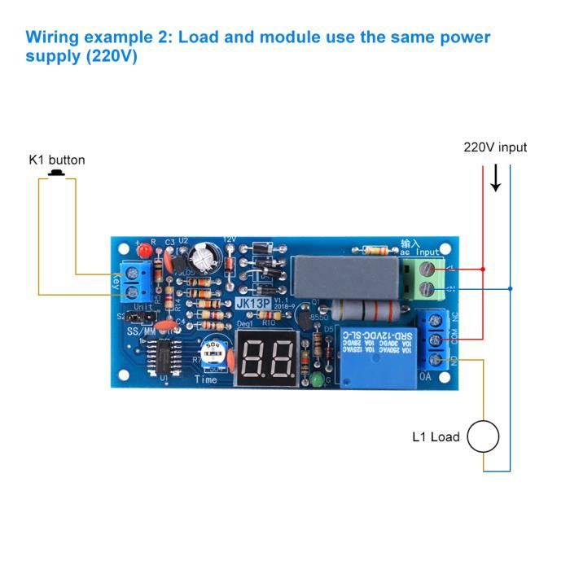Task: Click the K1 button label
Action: click(57, 160)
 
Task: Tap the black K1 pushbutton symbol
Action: click(57, 173)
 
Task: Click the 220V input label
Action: click(495, 147)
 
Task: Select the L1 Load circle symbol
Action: click(483, 437)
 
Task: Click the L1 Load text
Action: click(436, 437)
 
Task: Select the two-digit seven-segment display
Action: click(265, 357)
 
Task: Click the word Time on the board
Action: click(205, 379)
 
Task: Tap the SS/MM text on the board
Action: click(141, 331)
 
